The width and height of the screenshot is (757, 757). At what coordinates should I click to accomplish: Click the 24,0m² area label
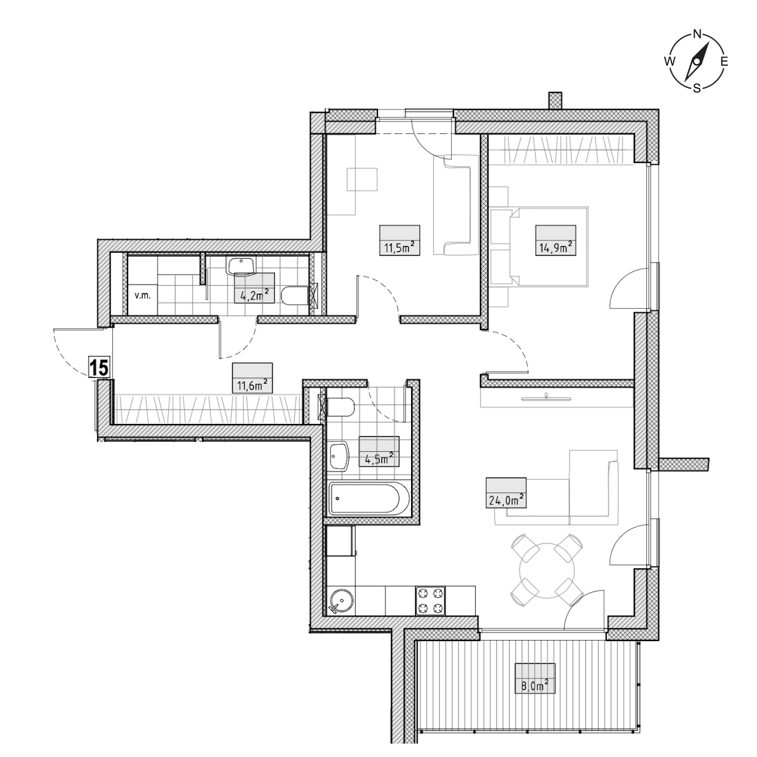point(506,500)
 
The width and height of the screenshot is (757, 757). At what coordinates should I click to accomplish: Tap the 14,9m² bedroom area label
point(556,248)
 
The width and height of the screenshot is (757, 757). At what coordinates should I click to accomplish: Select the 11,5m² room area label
point(400,248)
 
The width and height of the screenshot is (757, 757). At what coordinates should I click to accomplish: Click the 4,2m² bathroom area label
point(254,295)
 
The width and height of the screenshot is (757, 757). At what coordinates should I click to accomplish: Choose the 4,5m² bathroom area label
point(379,458)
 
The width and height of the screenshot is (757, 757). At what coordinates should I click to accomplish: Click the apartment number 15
point(99,368)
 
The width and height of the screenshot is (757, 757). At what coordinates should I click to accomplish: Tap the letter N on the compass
point(697,34)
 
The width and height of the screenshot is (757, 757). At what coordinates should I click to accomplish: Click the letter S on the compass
point(696,88)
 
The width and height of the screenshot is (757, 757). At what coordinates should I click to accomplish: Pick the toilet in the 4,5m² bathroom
point(341,407)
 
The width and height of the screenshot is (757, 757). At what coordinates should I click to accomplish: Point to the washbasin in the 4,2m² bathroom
point(240,266)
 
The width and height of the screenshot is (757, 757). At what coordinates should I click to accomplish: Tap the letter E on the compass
point(724,61)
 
